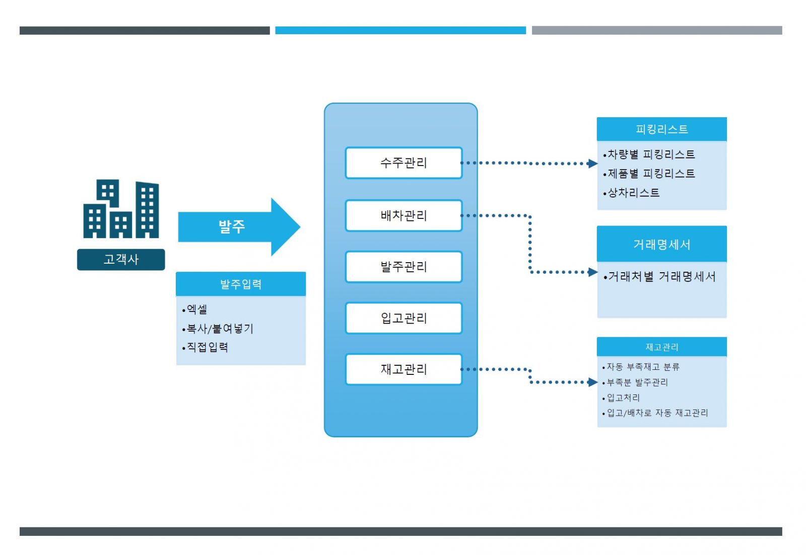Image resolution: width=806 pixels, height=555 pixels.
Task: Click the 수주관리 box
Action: click(x=404, y=163)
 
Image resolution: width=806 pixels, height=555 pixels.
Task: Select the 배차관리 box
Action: click(x=404, y=215)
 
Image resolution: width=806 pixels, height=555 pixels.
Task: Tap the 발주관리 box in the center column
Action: click(x=404, y=267)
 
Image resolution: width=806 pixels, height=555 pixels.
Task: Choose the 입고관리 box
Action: click(x=404, y=318)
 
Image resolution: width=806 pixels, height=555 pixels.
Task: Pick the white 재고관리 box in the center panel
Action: click(x=404, y=369)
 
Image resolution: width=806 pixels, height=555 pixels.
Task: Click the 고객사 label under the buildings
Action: click(x=121, y=260)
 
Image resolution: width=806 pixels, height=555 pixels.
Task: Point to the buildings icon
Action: click(x=121, y=208)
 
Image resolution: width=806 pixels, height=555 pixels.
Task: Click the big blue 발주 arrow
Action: click(x=239, y=227)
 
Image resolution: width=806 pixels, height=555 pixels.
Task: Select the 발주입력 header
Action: click(x=241, y=284)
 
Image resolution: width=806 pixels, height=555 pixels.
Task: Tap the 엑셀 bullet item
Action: click(x=194, y=309)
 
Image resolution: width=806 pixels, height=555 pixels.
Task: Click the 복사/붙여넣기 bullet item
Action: click(x=218, y=328)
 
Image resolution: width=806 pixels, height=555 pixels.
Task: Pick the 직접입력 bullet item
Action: click(x=205, y=347)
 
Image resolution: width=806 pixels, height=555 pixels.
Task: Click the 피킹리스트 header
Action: click(x=662, y=129)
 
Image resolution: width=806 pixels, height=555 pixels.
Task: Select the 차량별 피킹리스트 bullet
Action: click(x=649, y=154)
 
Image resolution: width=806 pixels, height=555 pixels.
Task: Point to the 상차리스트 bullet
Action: click(x=631, y=193)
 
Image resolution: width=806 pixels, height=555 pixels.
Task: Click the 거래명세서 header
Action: click(x=662, y=244)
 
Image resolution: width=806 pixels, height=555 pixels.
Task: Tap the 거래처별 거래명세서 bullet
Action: click(x=659, y=276)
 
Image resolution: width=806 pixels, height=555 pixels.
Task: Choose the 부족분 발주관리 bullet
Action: click(x=635, y=382)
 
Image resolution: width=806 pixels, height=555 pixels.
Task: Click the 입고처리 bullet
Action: click(x=621, y=398)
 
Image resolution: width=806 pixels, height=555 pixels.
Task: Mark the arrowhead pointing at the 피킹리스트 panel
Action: click(x=592, y=164)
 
